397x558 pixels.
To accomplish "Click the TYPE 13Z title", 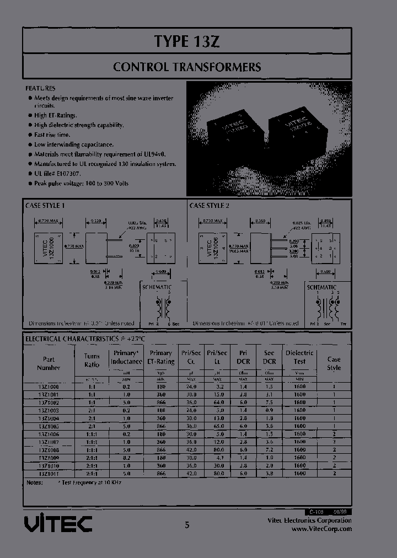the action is (x=187, y=41).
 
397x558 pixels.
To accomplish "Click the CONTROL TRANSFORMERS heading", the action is (x=187, y=67).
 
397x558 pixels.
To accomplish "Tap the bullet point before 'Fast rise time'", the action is (x=29, y=135).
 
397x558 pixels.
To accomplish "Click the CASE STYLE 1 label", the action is (x=45, y=205).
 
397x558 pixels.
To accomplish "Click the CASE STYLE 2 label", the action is (x=209, y=205).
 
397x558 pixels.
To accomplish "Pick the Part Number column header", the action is (x=49, y=363).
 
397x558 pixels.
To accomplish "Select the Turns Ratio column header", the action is (x=92, y=360).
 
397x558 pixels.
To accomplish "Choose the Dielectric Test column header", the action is (x=299, y=357).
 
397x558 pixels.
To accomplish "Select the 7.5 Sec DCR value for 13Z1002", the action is (x=269, y=403).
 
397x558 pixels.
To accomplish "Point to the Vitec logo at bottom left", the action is (x=58, y=523).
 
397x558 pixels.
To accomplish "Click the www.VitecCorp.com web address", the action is (x=321, y=528).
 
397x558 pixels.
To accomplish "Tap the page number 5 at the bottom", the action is (x=187, y=525).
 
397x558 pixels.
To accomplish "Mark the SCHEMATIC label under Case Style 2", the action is (x=321, y=287).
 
